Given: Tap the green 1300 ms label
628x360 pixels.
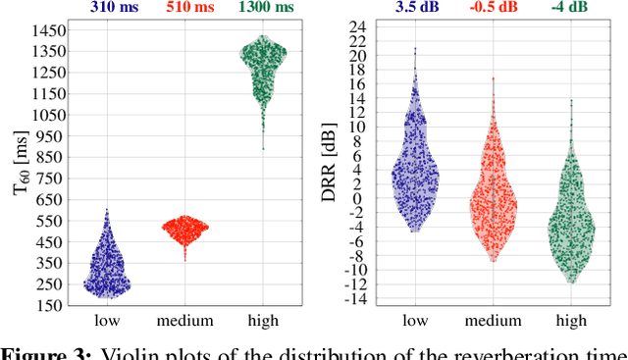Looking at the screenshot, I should (264, 9).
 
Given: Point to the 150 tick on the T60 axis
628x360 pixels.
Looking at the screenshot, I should (53, 306).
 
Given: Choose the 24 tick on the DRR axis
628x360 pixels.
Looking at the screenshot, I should (361, 26).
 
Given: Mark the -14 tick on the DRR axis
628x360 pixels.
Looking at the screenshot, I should (358, 298).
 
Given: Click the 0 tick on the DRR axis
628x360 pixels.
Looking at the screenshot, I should (364, 198).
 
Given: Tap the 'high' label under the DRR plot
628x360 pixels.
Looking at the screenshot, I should (571, 321).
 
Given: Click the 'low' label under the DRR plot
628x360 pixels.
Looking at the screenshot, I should (416, 321).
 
